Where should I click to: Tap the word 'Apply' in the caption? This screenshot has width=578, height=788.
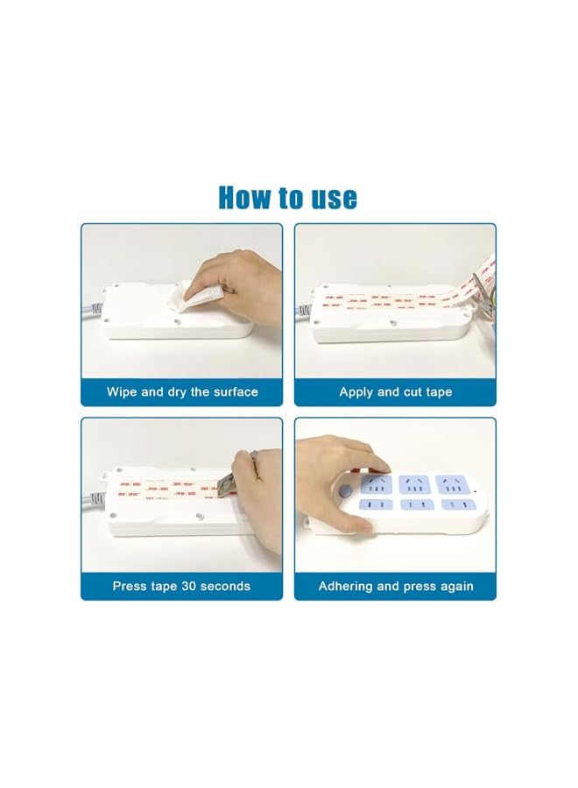tap(357, 391)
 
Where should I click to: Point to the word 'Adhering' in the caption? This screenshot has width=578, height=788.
tap(348, 586)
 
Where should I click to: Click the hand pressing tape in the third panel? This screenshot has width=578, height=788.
tap(258, 490)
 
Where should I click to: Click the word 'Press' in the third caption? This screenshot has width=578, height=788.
tap(130, 586)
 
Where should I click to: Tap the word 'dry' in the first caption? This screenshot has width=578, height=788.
tap(187, 391)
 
